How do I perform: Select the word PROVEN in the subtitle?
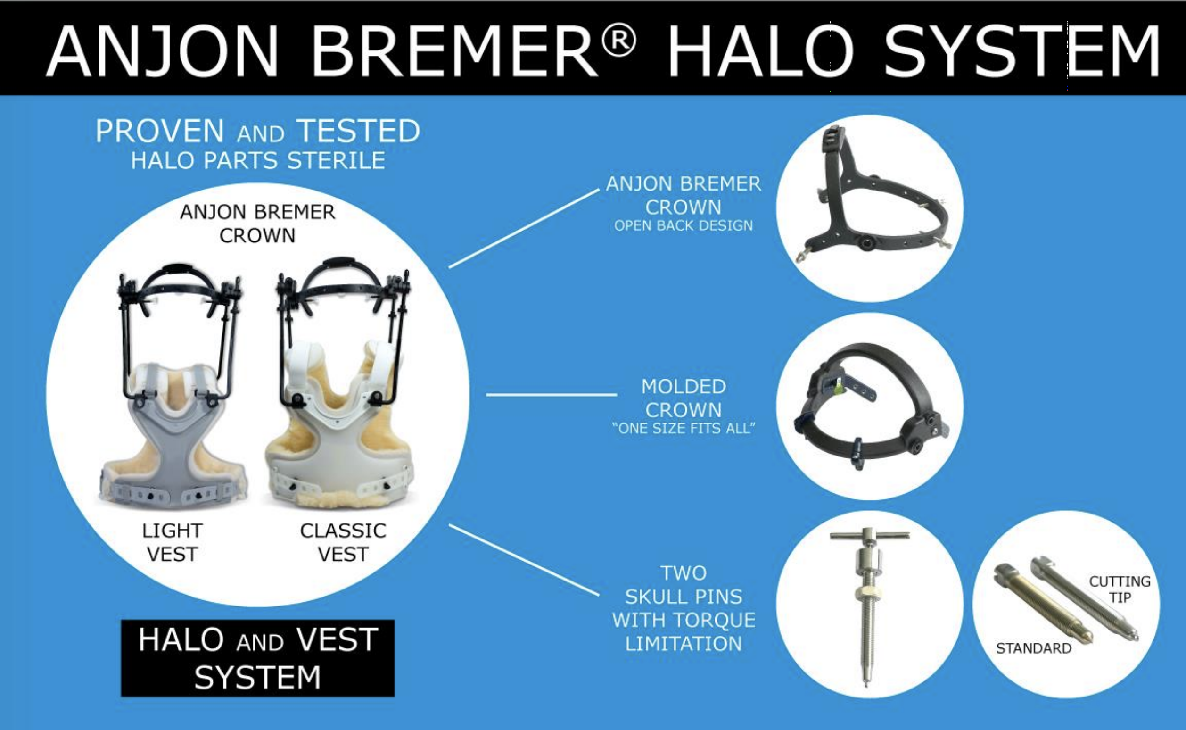pos(160,131)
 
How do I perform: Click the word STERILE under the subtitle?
pos(336,161)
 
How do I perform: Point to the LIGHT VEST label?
pos(172,542)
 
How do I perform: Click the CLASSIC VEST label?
pos(343,542)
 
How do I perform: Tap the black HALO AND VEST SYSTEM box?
pos(258,658)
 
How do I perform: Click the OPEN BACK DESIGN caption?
pos(683,225)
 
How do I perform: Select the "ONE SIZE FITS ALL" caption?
pos(683,428)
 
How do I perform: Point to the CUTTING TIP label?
pos(1120,589)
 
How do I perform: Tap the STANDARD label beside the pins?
pos(1034,648)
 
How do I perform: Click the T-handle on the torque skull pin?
pos(870,535)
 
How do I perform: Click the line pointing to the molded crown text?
pos(552,395)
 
